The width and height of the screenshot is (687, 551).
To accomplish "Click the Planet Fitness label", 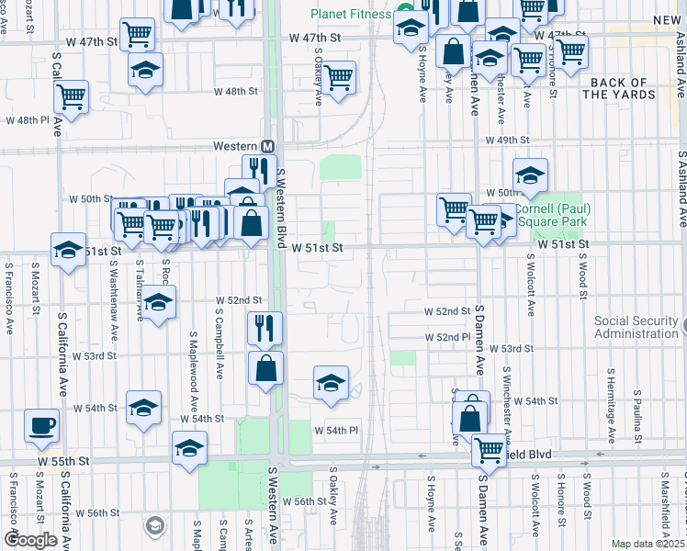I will click(351, 14).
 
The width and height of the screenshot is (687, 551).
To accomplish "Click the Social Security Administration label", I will click(636, 327).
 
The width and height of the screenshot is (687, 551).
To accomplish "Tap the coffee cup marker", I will click(41, 426).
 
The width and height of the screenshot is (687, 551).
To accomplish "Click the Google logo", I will click(30, 540).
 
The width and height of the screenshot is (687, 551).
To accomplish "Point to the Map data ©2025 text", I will click(648, 544).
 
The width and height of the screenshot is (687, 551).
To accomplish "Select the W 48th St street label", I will click(238, 91).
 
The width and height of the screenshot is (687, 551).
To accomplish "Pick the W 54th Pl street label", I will click(335, 430).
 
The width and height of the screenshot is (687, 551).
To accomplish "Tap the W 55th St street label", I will click(62, 459).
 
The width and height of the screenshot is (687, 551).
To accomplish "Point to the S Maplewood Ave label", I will click(194, 372).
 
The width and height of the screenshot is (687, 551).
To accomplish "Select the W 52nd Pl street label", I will click(447, 338).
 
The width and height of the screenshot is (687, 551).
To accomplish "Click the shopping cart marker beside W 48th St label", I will click(339, 77).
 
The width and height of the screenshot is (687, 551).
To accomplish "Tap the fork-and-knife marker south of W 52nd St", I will click(265, 327).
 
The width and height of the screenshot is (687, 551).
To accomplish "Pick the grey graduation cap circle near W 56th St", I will click(155, 526).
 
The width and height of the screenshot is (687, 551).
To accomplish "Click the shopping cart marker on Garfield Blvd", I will click(489, 450).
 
